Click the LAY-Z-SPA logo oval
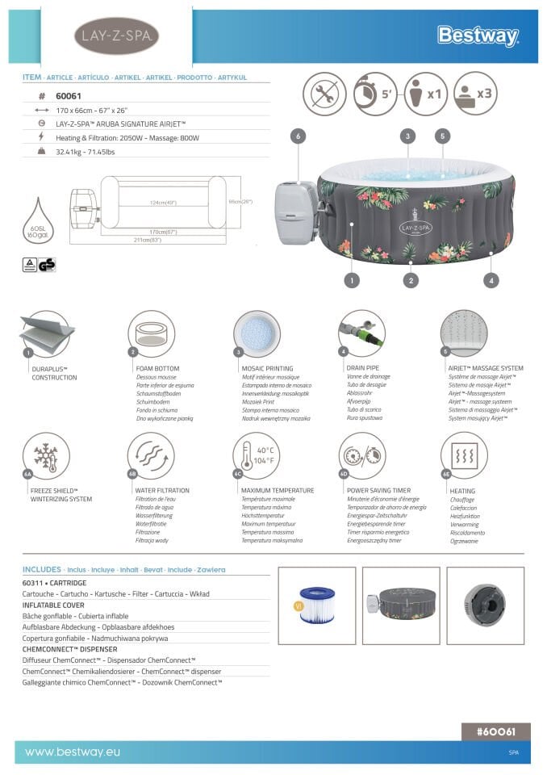[x=116, y=36]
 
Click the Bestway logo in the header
[x=478, y=36]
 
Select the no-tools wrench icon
[x=324, y=94]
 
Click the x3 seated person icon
[x=474, y=94]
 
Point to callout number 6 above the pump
[x=298, y=136]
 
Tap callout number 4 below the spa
[x=491, y=281]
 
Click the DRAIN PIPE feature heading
[x=362, y=368]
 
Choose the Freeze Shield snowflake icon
[x=46, y=455]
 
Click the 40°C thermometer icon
[x=256, y=455]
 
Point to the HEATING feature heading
[x=462, y=491]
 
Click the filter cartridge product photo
[x=316, y=605]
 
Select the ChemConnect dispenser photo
[x=485, y=605]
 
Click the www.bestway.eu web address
[x=73, y=752]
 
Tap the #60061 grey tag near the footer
[x=495, y=731]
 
